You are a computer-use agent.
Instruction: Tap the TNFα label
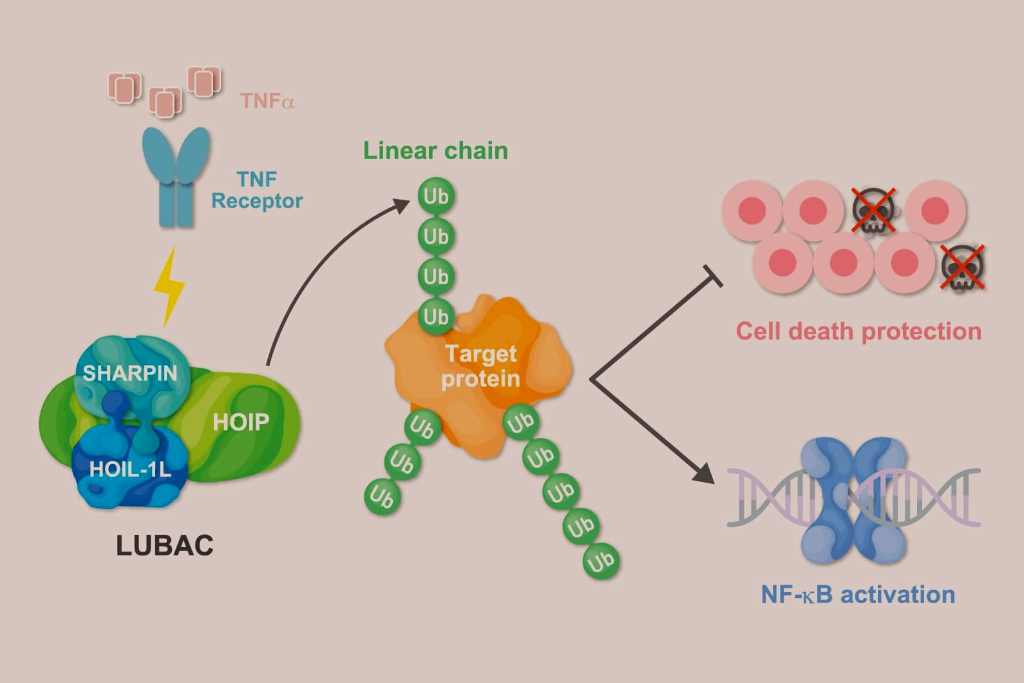click(267, 101)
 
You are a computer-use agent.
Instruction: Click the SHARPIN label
click(129, 373)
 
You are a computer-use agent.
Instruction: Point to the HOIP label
click(241, 422)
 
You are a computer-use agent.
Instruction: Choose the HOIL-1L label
click(130, 469)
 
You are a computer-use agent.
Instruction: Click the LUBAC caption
click(165, 546)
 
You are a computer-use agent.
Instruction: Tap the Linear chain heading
click(435, 151)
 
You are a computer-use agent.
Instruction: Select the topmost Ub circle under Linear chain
click(436, 196)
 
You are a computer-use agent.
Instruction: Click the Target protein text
click(480, 366)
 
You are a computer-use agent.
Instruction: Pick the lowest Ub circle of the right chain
click(601, 561)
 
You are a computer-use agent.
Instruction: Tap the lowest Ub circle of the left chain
click(382, 497)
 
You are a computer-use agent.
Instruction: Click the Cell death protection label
click(858, 331)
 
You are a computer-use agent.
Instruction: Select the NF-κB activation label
click(858, 594)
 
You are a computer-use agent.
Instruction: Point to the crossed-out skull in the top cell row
click(873, 210)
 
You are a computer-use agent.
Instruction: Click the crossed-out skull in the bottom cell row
click(962, 267)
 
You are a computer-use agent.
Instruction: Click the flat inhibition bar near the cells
click(713, 276)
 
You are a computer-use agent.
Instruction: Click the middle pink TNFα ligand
click(166, 102)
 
